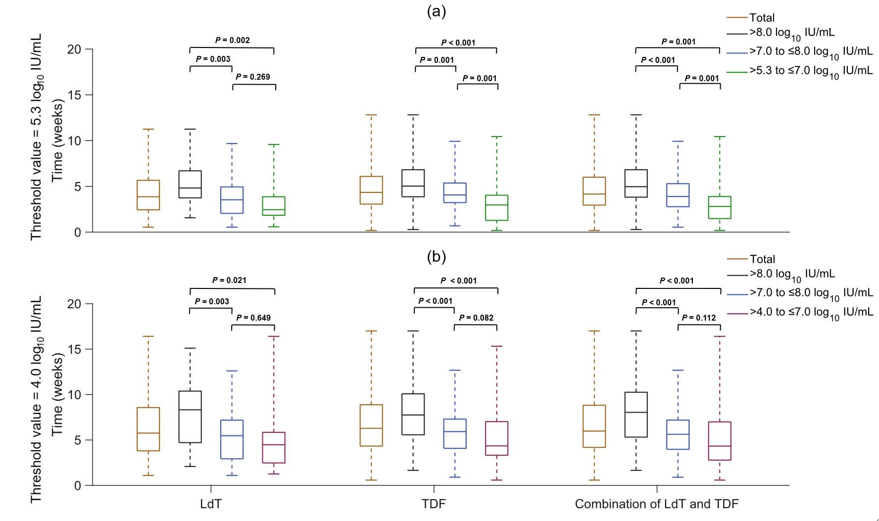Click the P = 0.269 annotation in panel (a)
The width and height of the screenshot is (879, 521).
pos(253,77)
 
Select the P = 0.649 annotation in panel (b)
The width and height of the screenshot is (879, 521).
pos(253,318)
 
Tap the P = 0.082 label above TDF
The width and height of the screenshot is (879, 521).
pos(476,318)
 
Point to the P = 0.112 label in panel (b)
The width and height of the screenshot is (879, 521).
pos(699,318)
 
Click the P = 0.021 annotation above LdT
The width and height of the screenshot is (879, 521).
pos(229,280)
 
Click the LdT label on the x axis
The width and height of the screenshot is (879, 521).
pos(211,504)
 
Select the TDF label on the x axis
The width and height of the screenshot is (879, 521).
pos(434,504)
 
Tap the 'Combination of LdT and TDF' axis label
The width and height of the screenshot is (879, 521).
pos(656,504)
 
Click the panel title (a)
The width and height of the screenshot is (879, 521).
pos(437,11)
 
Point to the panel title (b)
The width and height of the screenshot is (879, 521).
pos(437,256)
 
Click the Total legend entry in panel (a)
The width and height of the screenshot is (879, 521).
pos(762,18)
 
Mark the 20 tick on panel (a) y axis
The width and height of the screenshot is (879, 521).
pos(74,49)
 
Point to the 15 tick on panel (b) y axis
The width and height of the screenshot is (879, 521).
pos(74,349)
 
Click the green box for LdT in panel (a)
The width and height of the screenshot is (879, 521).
pos(274,206)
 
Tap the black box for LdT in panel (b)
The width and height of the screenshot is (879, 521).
pos(190,417)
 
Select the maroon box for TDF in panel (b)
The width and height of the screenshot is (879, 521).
pos(496,438)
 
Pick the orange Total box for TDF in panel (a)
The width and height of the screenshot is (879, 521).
pos(371,190)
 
